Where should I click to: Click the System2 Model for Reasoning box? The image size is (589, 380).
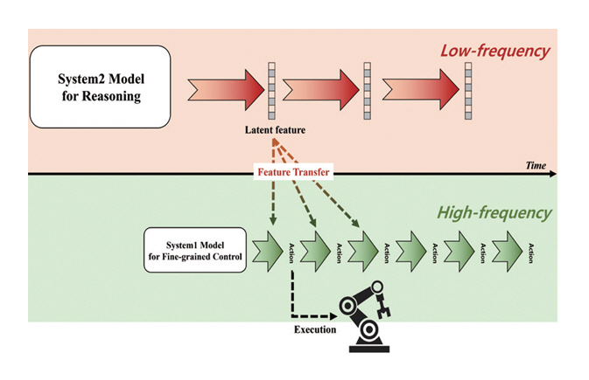point(100,87)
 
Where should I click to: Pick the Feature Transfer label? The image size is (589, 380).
point(292,172)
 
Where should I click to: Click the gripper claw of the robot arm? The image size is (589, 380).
point(382,302)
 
